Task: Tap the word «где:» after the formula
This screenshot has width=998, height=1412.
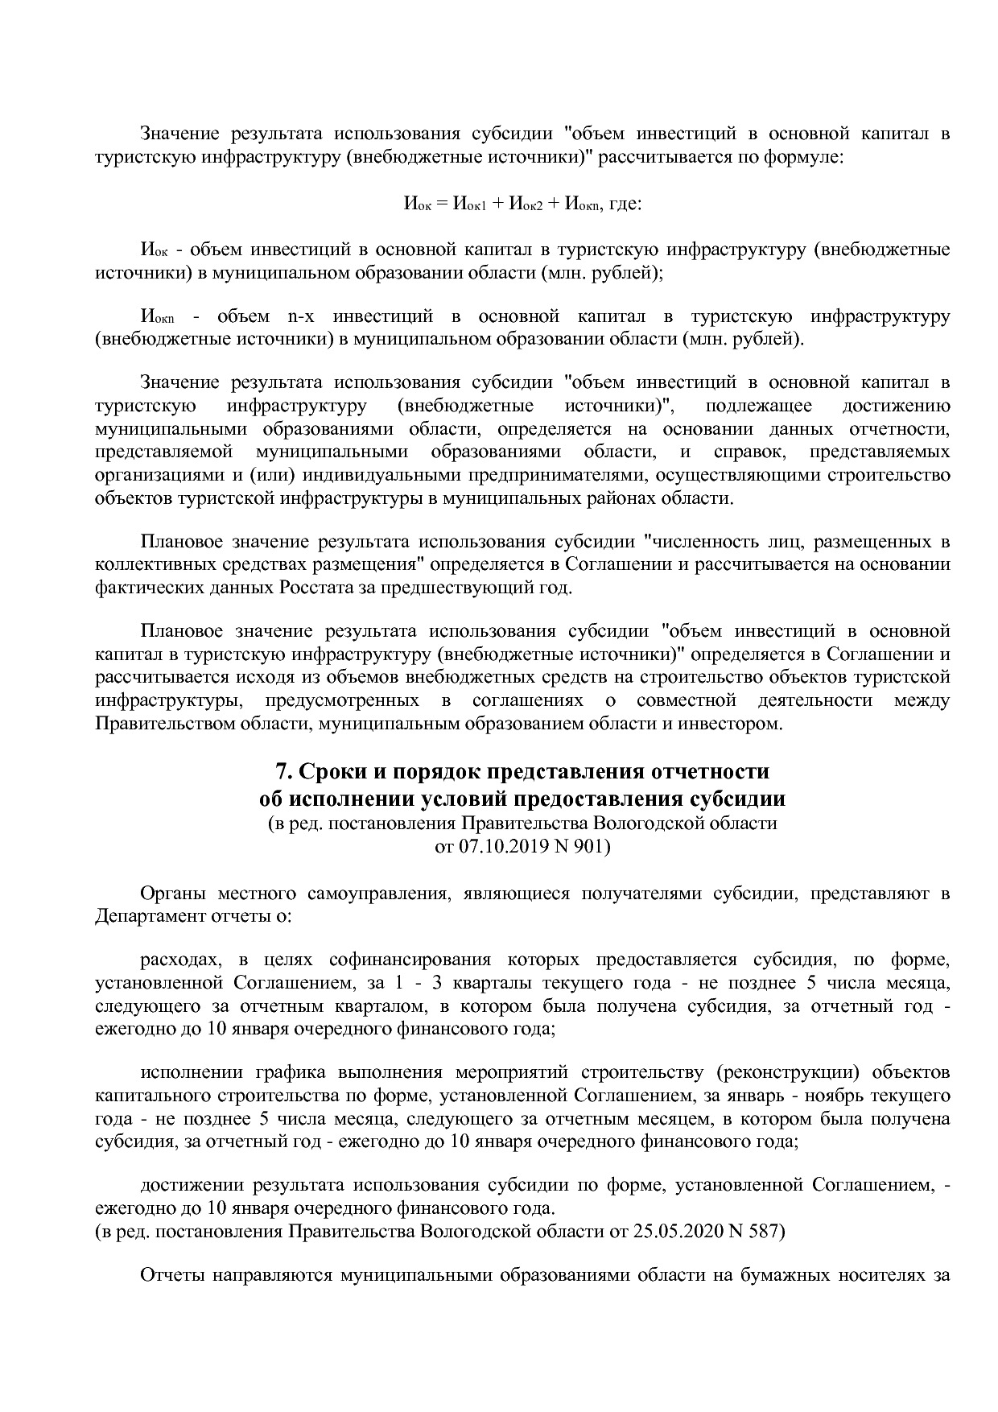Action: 625,204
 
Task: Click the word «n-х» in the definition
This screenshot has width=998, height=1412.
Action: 301,316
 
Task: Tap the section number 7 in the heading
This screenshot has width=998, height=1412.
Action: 282,772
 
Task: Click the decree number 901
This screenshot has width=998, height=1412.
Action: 593,846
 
